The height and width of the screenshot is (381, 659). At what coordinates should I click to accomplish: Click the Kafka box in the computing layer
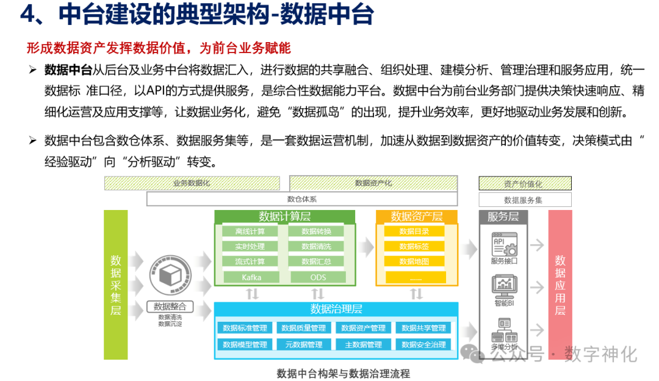tap(251, 277)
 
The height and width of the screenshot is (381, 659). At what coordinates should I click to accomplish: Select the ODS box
tap(317, 277)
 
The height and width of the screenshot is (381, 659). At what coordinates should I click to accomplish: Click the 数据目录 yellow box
tap(414, 231)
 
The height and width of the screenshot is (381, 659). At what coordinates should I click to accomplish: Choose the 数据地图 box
tap(414, 261)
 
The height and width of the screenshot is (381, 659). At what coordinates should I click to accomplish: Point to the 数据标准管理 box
tap(245, 328)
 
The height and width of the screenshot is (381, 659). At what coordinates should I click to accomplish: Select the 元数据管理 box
tap(303, 344)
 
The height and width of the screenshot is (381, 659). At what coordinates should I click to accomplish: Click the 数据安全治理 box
tap(423, 344)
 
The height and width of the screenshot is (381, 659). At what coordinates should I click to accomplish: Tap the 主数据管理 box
tap(363, 344)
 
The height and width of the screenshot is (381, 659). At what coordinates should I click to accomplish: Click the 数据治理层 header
tap(336, 308)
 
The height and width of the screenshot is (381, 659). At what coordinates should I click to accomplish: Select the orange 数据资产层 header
tap(416, 217)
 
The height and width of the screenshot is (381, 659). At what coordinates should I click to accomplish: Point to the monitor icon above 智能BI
tap(504, 285)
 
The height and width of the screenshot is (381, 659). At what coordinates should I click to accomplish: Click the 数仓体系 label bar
tap(302, 199)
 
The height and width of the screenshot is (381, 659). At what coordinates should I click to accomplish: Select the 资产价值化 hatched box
tap(525, 183)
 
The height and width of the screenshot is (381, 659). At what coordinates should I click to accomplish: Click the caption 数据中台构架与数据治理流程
tap(344, 373)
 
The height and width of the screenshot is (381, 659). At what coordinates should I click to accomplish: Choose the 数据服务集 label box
tap(525, 200)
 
